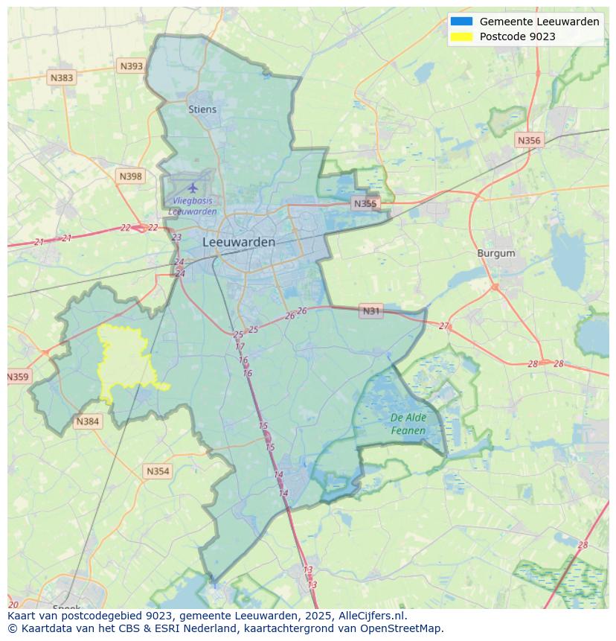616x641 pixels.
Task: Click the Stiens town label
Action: click(x=202, y=109)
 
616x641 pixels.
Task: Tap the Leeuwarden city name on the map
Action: click(x=239, y=242)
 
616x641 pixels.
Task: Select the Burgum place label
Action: click(x=496, y=253)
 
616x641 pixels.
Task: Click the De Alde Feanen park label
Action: click(x=408, y=424)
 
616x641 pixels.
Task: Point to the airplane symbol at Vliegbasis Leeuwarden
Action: click(x=193, y=187)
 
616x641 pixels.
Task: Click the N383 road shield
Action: click(x=62, y=77)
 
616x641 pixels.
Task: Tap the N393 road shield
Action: click(x=131, y=66)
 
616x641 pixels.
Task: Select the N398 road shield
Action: click(x=130, y=176)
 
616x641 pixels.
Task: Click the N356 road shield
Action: click(x=529, y=140)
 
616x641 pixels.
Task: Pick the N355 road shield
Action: click(x=365, y=203)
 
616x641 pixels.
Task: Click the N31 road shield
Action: click(x=370, y=311)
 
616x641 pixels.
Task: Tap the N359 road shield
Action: click(x=18, y=377)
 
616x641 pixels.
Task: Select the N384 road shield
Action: click(x=87, y=422)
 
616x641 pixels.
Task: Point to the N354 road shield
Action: click(x=158, y=471)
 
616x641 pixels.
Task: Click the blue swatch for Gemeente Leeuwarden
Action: click(x=461, y=22)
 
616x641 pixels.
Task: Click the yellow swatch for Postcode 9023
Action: click(x=461, y=36)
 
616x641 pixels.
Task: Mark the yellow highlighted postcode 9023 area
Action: click(x=125, y=363)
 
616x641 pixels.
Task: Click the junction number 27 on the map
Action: click(x=444, y=326)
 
